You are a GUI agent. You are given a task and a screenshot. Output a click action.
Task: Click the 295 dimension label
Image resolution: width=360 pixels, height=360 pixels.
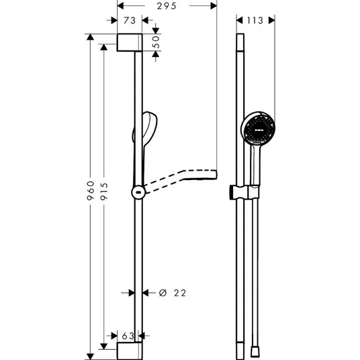167,6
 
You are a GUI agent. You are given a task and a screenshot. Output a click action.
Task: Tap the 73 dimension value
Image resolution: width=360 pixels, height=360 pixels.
130,20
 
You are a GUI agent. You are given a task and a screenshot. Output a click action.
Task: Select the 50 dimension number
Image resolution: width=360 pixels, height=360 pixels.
156,42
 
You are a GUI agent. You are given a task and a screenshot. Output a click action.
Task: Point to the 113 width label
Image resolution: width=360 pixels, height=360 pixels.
255,20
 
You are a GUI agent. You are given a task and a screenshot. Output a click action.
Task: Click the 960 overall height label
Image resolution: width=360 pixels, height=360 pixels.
91,191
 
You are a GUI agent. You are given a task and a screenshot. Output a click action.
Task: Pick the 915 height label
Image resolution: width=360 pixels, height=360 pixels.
104,191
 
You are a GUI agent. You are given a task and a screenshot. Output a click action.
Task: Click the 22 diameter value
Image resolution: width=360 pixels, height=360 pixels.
180,293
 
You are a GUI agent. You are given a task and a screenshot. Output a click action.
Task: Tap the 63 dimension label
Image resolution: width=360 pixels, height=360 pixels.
128,336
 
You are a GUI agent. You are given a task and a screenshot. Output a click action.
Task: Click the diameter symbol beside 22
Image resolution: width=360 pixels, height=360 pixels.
163,293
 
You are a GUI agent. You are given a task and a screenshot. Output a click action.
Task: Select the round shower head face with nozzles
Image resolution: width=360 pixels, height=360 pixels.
259,129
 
